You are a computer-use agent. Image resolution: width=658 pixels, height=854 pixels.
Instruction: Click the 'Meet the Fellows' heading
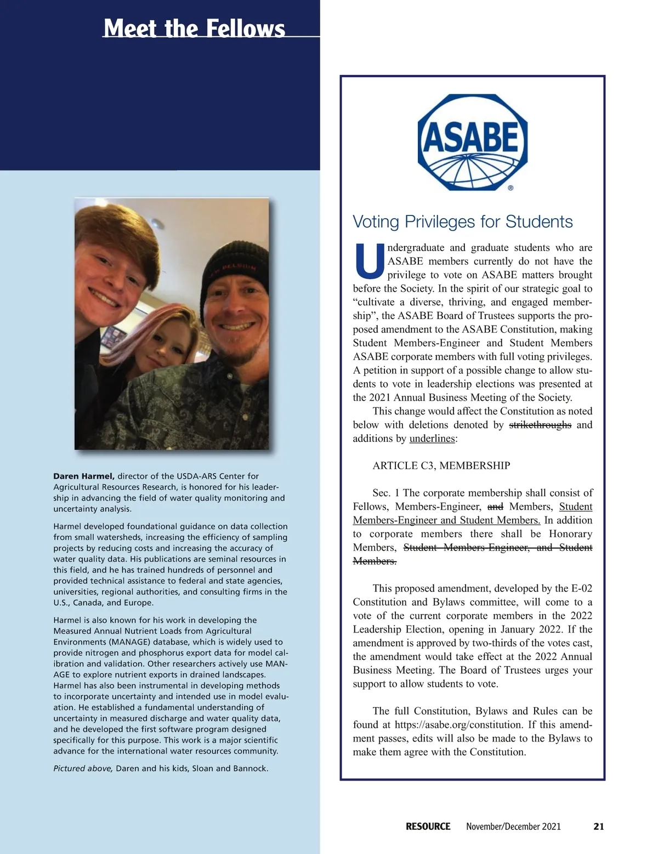coord(194,28)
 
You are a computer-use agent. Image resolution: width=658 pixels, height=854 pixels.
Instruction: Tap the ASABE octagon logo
coord(472,142)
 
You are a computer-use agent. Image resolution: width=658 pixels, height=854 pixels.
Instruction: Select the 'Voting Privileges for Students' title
coord(462,221)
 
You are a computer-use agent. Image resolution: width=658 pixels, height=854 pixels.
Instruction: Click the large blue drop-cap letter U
coord(369,261)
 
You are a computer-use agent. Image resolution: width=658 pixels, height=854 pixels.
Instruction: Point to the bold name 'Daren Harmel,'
coord(84,476)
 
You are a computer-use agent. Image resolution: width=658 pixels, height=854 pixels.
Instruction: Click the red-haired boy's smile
coord(104,298)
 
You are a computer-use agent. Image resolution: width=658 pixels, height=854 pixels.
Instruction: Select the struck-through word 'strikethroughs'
coord(540,425)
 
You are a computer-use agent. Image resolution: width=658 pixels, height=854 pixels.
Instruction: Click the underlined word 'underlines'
coord(432,439)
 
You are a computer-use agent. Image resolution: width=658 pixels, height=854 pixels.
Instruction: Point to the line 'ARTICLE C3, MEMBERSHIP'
coord(441,466)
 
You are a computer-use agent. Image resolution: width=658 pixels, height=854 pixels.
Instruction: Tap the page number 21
coord(598,826)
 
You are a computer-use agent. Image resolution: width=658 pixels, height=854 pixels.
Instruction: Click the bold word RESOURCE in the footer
coord(428,826)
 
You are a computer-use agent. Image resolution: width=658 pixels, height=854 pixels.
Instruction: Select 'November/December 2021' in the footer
coord(513,826)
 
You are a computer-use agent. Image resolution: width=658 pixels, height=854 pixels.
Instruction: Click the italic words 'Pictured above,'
coord(83,768)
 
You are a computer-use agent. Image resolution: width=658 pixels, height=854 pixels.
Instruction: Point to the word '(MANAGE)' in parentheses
coord(131,642)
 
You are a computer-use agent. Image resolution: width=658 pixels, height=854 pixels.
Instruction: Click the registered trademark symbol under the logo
coord(510,187)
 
